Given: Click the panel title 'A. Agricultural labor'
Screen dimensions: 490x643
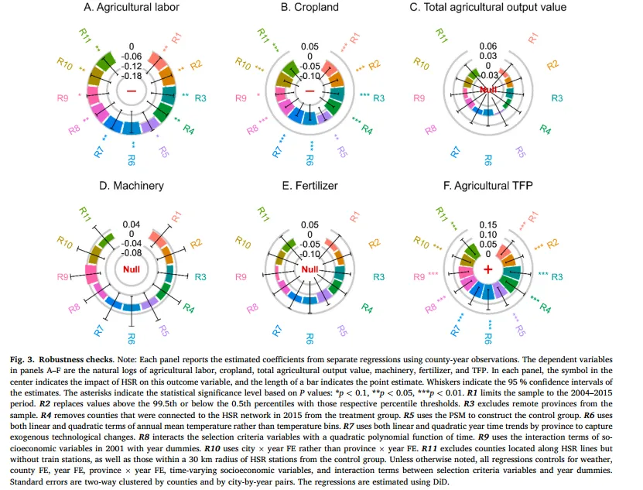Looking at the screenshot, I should [x=132, y=8].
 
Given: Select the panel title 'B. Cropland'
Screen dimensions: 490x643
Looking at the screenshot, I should [x=310, y=8].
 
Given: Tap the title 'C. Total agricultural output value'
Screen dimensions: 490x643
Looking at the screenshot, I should [x=487, y=8].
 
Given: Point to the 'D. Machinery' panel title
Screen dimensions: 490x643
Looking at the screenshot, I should [x=131, y=186].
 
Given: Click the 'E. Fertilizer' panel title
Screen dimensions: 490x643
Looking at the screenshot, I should [x=310, y=186].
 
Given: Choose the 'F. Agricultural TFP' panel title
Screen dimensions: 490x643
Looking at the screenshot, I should [x=487, y=186].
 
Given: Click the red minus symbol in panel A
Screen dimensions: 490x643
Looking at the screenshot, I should [x=132, y=91].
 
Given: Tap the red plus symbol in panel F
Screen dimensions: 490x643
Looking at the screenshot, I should [x=487, y=269].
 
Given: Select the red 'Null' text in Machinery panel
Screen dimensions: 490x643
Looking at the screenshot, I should [x=132, y=269].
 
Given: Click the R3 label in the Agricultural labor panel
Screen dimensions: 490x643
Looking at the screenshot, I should [x=200, y=98].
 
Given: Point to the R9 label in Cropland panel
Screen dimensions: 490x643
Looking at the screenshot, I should [x=241, y=98].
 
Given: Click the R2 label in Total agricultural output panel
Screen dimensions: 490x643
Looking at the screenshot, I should [x=552, y=65].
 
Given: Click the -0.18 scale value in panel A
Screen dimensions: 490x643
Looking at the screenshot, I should [x=132, y=76].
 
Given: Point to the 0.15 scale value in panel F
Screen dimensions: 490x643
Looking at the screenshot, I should [x=487, y=224].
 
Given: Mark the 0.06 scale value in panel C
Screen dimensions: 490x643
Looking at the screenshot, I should [x=487, y=46].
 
